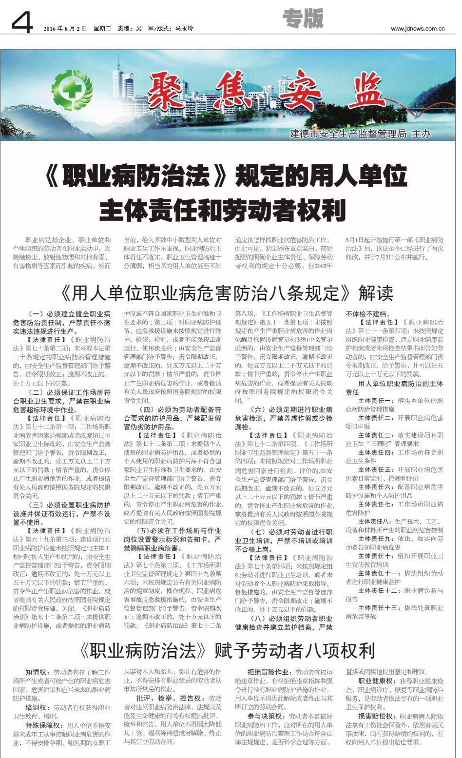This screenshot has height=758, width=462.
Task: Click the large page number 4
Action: [21, 22]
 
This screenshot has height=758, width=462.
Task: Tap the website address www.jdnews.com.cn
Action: [417, 29]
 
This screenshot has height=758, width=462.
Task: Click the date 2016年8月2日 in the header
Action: [65, 29]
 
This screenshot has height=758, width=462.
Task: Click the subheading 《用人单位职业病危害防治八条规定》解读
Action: [227, 293]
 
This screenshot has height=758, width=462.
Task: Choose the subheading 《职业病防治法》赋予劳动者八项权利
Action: [228, 650]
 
